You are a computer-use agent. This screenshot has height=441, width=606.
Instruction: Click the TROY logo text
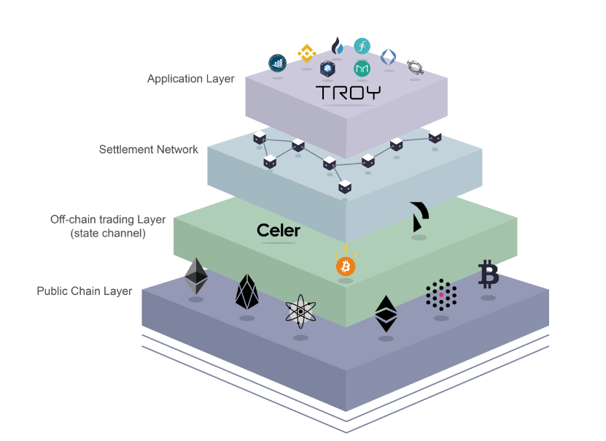(348, 93)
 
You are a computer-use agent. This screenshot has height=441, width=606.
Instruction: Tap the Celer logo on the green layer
(279, 231)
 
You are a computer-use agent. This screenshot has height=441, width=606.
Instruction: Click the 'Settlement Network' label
(149, 150)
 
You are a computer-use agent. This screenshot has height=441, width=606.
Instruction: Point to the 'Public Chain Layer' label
(85, 291)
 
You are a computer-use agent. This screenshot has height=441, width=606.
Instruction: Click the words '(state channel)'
(108, 234)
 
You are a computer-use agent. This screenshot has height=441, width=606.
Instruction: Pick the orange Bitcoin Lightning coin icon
(346, 266)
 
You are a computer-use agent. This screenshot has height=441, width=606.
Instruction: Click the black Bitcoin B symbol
(488, 275)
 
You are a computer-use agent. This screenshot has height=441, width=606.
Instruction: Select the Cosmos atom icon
(300, 312)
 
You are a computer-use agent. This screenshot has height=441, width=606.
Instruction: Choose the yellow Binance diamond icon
(306, 53)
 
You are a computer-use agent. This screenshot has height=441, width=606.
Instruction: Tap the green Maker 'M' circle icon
(362, 69)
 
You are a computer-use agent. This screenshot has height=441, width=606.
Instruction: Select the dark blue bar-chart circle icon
(277, 62)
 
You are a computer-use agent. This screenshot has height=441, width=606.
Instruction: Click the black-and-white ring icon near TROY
(414, 66)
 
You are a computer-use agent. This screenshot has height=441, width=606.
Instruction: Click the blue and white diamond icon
(389, 57)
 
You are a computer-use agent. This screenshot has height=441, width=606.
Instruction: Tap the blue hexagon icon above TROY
(327, 69)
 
